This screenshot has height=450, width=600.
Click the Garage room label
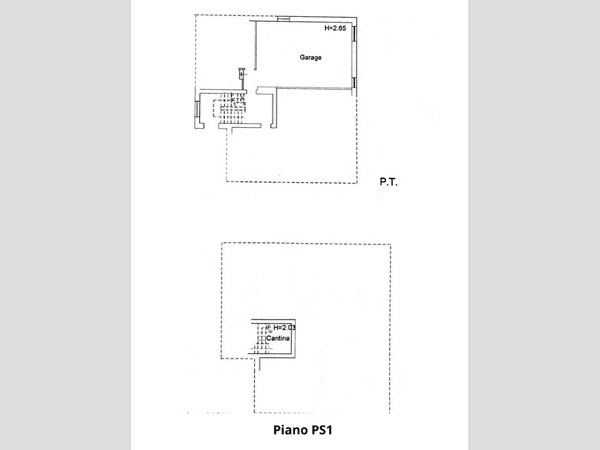(311, 57)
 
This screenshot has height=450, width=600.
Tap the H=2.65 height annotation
(336, 28)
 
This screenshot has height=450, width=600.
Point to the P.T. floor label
(388, 182)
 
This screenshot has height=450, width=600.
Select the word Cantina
(278, 338)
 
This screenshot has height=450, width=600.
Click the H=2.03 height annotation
(285, 328)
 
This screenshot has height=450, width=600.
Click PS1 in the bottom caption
(322, 430)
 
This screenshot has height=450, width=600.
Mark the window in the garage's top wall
(283, 19)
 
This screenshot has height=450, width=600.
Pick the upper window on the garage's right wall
(354, 33)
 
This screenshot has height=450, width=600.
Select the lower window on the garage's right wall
(354, 83)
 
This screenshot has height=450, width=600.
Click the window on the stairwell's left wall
(197, 108)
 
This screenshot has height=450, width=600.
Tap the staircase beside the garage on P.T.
(230, 108)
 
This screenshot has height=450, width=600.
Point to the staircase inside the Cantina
(261, 338)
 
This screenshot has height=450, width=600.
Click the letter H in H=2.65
(327, 28)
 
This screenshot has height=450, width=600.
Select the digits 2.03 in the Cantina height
(289, 328)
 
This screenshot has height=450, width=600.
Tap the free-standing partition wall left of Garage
(256, 45)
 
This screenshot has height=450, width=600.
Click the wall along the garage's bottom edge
(314, 88)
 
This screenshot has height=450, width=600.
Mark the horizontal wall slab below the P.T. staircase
(239, 125)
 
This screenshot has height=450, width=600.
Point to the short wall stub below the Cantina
(260, 364)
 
